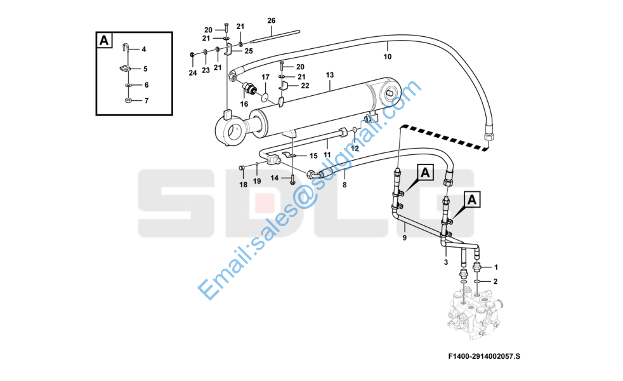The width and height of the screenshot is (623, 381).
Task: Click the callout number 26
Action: pos(272,21)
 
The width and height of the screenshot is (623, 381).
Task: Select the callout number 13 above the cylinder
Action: pos(330,75)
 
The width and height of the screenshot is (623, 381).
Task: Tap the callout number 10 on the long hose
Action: pos(388,57)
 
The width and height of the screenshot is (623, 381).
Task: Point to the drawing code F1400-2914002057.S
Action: pos(484,356)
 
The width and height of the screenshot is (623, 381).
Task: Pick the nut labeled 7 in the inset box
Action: pos(128,100)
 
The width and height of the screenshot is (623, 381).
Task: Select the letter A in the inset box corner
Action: pos(104,40)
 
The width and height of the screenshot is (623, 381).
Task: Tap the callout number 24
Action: pos(193,73)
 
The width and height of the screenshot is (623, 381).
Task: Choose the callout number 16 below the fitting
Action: pos(244,104)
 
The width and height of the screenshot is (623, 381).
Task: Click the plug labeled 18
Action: pos(242,169)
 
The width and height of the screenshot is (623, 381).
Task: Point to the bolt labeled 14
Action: pos(292,179)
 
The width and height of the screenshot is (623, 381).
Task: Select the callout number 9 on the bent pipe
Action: pos(405,238)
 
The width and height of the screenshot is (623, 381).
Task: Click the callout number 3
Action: pos(446,262)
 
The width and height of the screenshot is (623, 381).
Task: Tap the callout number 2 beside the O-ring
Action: pos(495,281)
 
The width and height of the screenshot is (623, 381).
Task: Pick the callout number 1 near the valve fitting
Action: pos(495,267)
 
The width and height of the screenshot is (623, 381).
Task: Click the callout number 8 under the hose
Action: pos(344,185)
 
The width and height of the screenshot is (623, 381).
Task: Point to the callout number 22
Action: pos(305,86)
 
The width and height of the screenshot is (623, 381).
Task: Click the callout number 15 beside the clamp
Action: pos(313,156)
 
